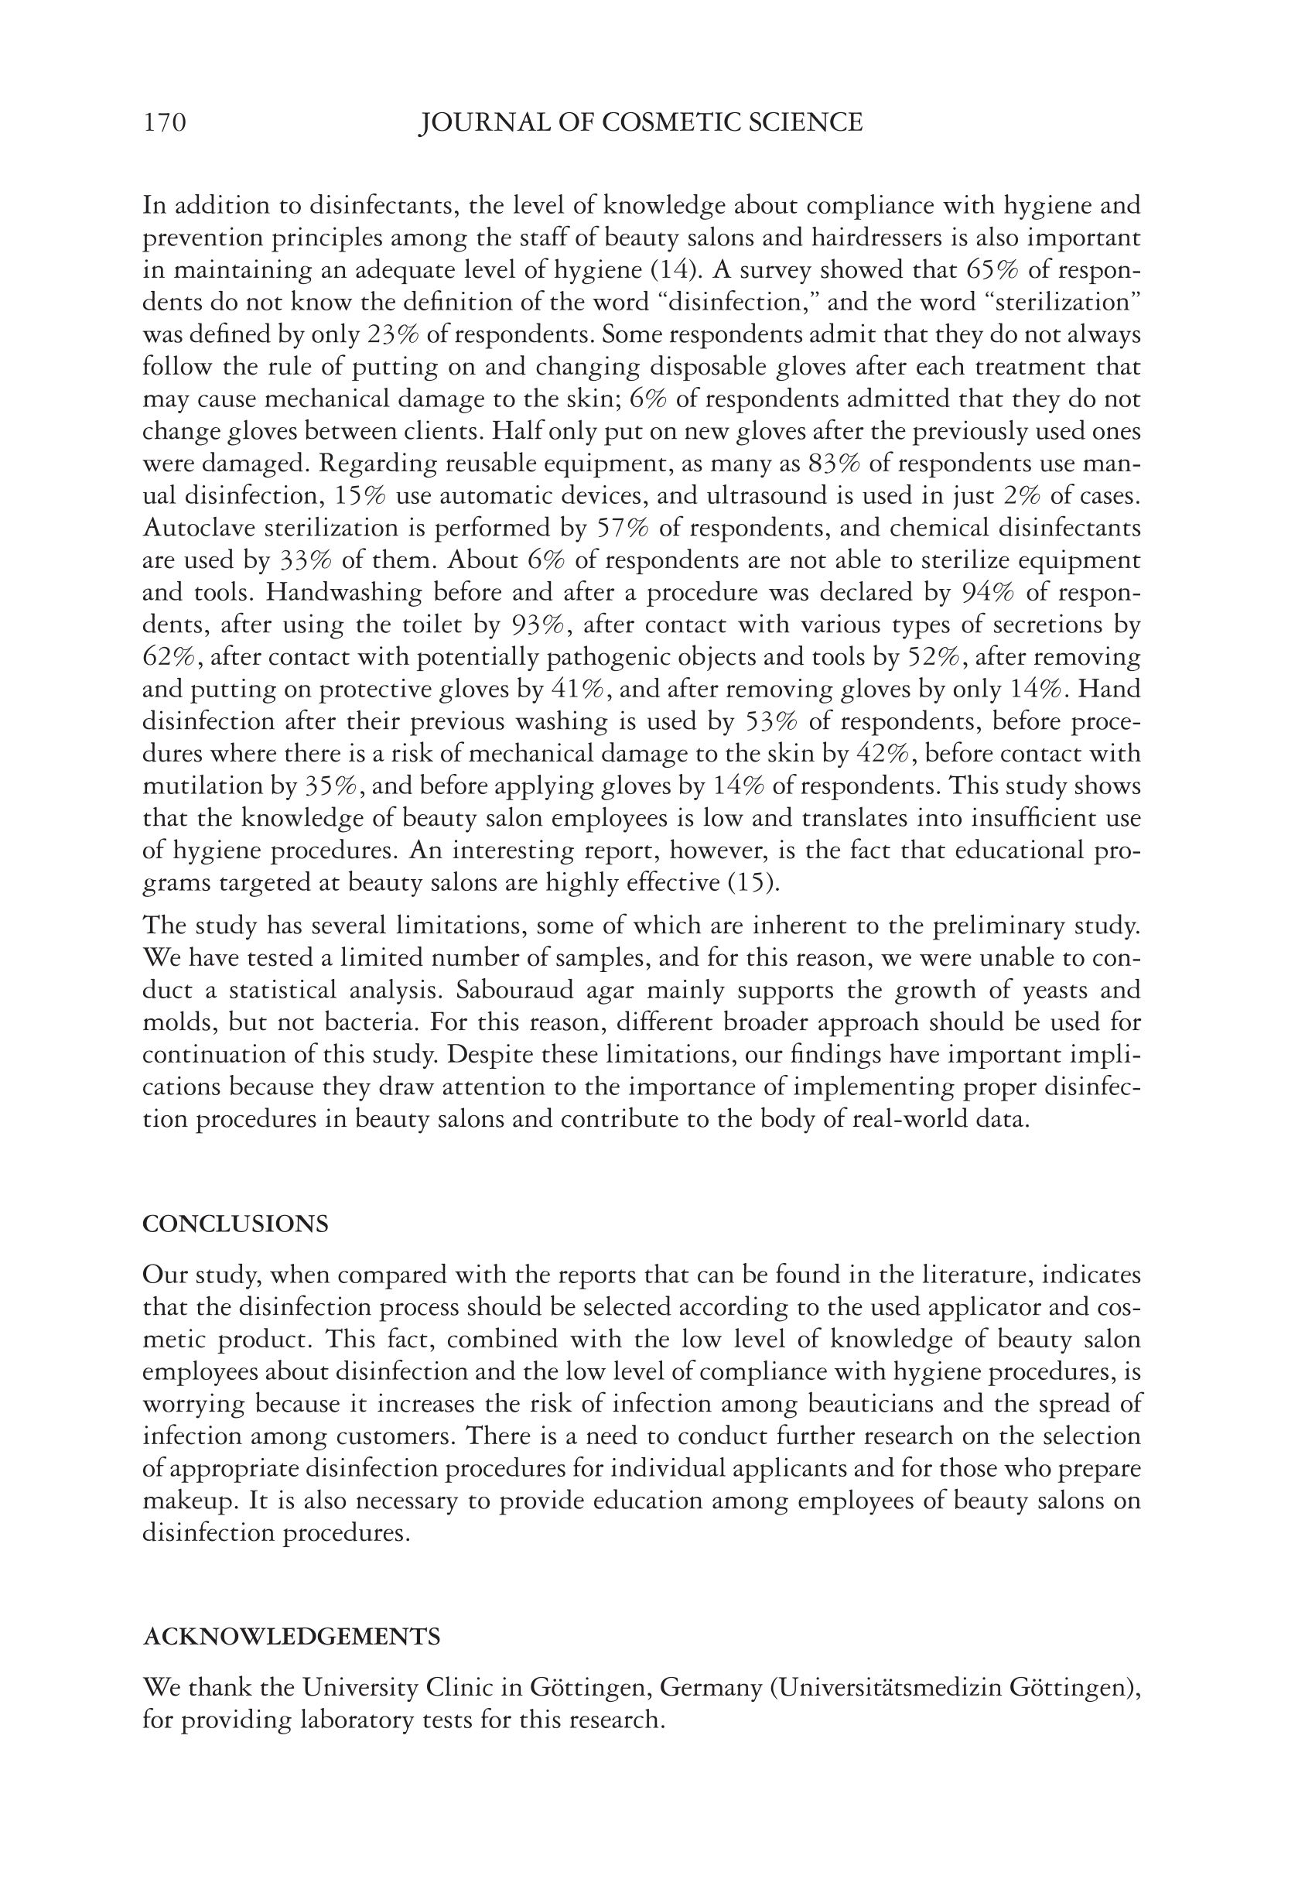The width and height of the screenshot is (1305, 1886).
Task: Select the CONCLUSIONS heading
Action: tap(235, 1224)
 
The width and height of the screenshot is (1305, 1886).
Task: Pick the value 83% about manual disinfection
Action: tap(834, 464)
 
